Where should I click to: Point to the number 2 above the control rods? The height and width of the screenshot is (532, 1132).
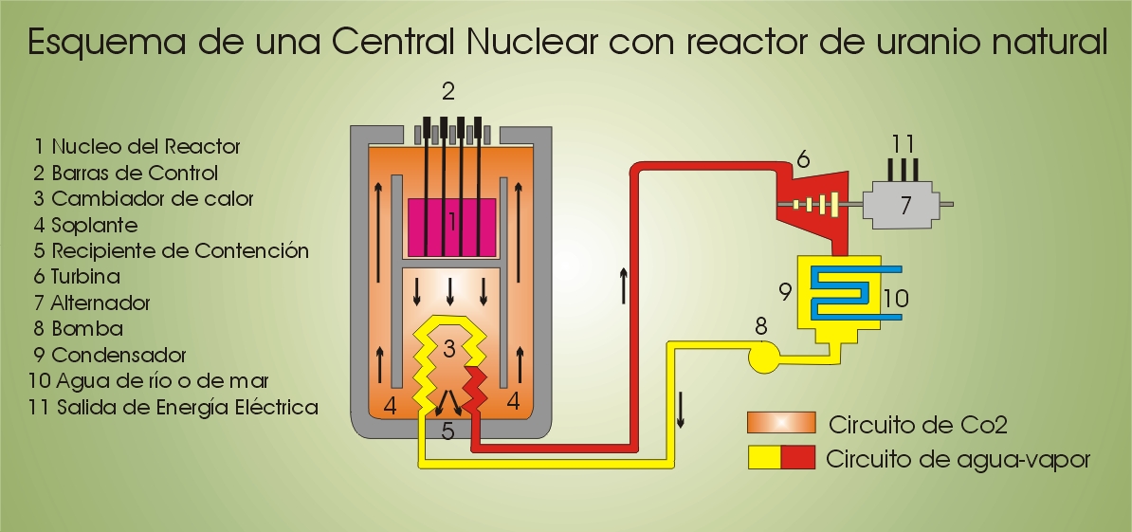pyautogui.click(x=448, y=92)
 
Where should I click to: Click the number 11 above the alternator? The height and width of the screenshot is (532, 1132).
pyautogui.click(x=903, y=144)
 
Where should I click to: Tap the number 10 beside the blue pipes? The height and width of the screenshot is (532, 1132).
pyautogui.click(x=895, y=299)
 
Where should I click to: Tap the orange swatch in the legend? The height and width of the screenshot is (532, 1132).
pyautogui.click(x=780, y=423)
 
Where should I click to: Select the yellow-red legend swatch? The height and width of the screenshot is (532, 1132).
pyautogui.click(x=780, y=459)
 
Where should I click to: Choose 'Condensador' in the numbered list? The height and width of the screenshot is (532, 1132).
pyautogui.click(x=119, y=356)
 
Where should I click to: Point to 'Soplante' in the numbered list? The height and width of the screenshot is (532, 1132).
pyautogui.click(x=95, y=225)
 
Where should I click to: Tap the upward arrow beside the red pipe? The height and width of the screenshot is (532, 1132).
pyautogui.click(x=623, y=284)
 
